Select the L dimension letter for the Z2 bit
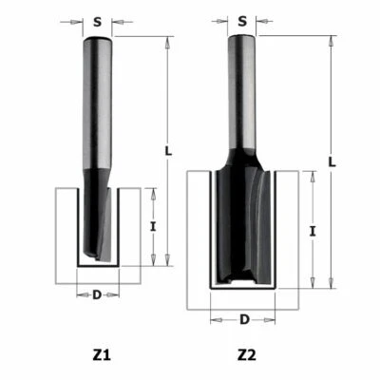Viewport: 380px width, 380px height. pyautogui.click(x=332, y=161)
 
